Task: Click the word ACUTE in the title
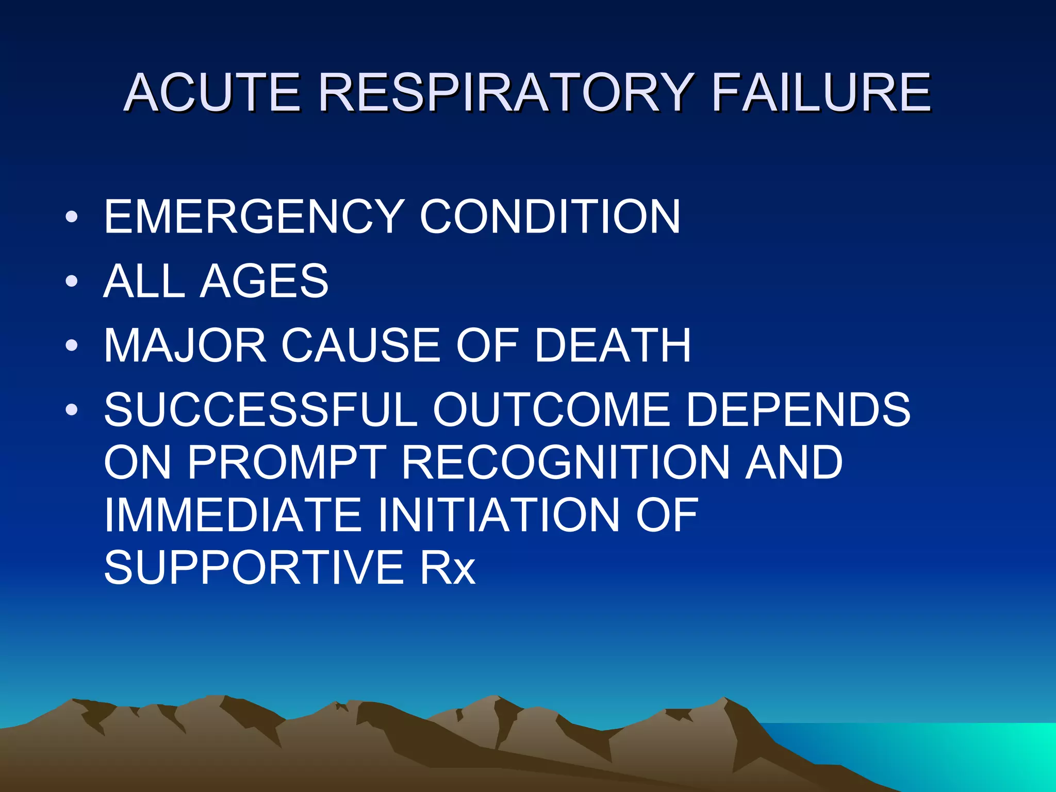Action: pyautogui.click(x=212, y=93)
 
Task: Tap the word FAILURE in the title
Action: pyautogui.click(x=821, y=93)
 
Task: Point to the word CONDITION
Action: pyautogui.click(x=550, y=217)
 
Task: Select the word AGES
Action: pyautogui.click(x=264, y=281)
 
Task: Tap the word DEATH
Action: pyautogui.click(x=613, y=345)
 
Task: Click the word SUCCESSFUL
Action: pyautogui.click(x=260, y=410)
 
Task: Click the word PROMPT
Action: pyautogui.click(x=286, y=463)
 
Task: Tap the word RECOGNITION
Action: pyautogui.click(x=565, y=463)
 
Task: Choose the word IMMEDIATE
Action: pyautogui.click(x=233, y=515)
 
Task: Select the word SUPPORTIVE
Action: pyautogui.click(x=254, y=568)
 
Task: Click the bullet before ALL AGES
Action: pyautogui.click(x=72, y=281)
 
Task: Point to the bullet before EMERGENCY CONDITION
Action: pyautogui.click(x=72, y=217)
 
